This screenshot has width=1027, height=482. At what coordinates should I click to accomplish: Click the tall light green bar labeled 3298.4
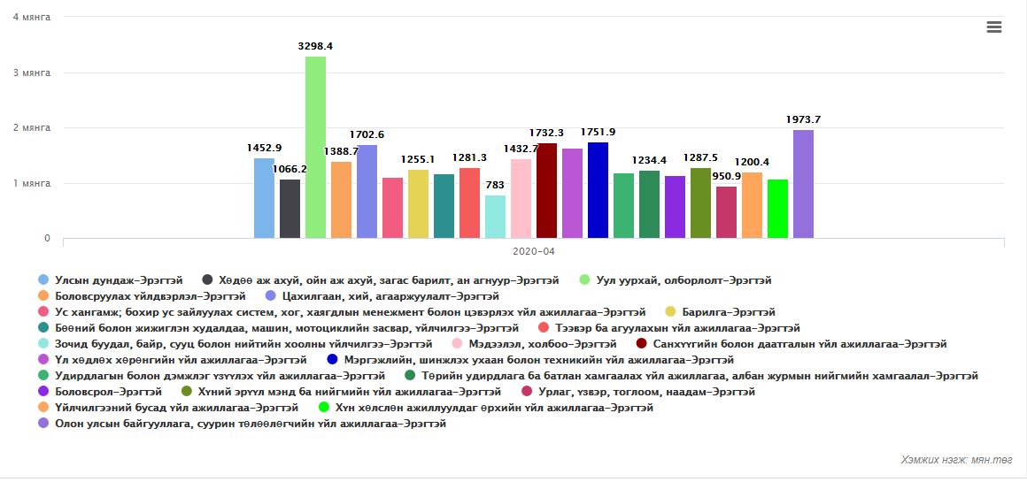coord(315,147)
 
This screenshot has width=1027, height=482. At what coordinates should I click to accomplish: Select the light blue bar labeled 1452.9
coord(264,198)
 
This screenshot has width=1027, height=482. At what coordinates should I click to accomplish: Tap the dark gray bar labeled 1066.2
coord(290,209)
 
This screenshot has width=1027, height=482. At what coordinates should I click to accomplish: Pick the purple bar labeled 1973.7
coord(803,184)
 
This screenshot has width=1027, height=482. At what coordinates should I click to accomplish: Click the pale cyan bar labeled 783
coord(495,217)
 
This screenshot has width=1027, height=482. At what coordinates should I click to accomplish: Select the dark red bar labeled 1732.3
coord(546,190)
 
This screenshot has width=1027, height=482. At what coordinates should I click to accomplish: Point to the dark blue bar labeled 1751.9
coord(598,190)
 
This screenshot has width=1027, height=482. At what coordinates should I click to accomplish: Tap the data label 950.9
coord(726,176)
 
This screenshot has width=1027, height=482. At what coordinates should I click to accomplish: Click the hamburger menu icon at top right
coord(993,27)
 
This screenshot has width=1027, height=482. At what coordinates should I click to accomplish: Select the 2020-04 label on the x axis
coord(534,251)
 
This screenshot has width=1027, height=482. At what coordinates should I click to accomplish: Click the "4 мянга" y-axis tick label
coord(32,17)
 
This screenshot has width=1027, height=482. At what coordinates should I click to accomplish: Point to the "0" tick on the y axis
coord(47,239)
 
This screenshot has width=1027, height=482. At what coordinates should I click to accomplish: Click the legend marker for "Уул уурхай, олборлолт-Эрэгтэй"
coord(584,280)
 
